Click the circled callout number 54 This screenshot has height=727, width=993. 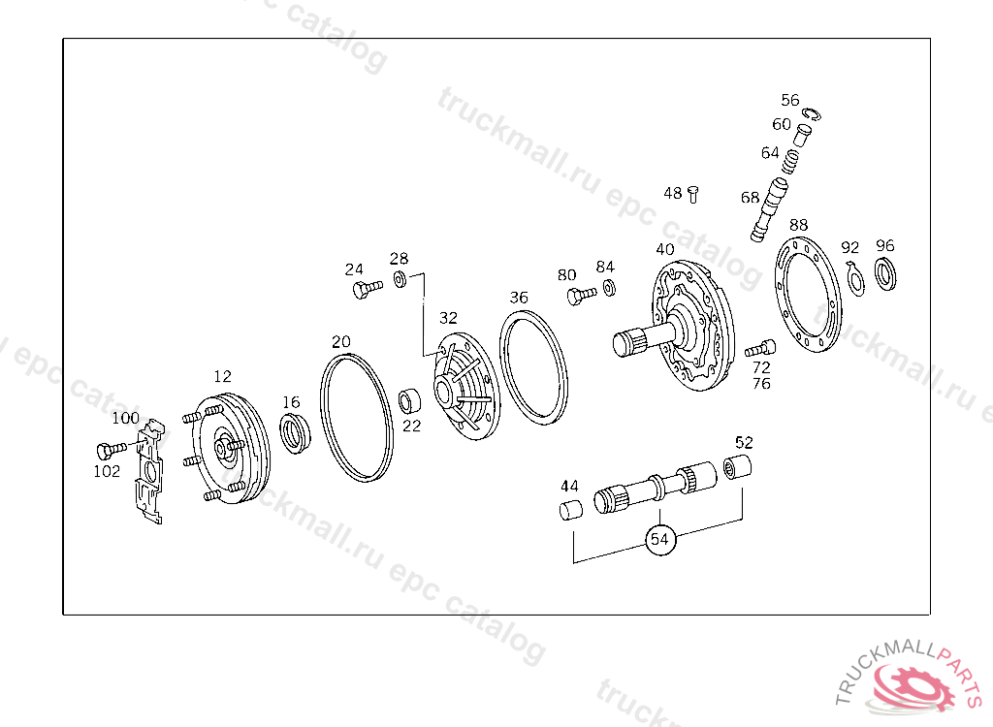659,540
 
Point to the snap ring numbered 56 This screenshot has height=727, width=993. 811,114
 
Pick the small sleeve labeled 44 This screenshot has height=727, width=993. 571,509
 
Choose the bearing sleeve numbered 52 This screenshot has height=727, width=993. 737,468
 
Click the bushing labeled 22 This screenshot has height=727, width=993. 409,401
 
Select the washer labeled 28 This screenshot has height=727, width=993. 400,278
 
